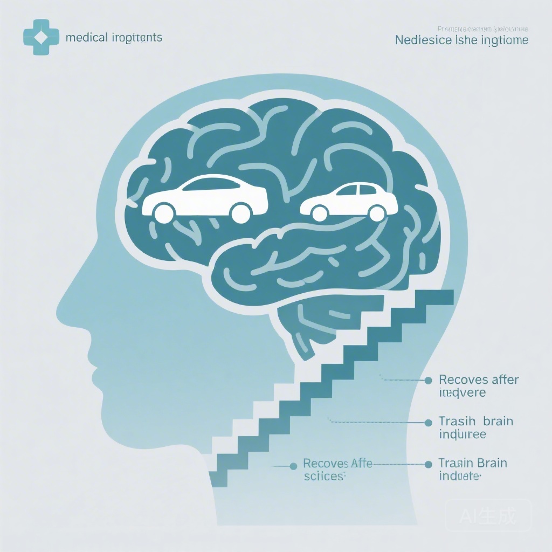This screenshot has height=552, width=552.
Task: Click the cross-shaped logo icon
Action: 38,38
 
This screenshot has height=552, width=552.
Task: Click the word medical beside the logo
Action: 83,38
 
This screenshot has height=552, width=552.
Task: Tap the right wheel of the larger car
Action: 240,213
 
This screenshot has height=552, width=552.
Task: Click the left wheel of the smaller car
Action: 320,212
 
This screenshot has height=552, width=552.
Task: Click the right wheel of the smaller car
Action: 377,212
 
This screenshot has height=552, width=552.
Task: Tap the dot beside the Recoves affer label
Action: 429,380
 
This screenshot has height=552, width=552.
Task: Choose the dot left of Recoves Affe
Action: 293,465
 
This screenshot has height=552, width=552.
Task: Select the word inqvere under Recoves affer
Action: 462,393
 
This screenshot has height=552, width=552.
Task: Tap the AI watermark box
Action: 488,516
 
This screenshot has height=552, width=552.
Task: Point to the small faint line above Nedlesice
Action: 482,29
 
